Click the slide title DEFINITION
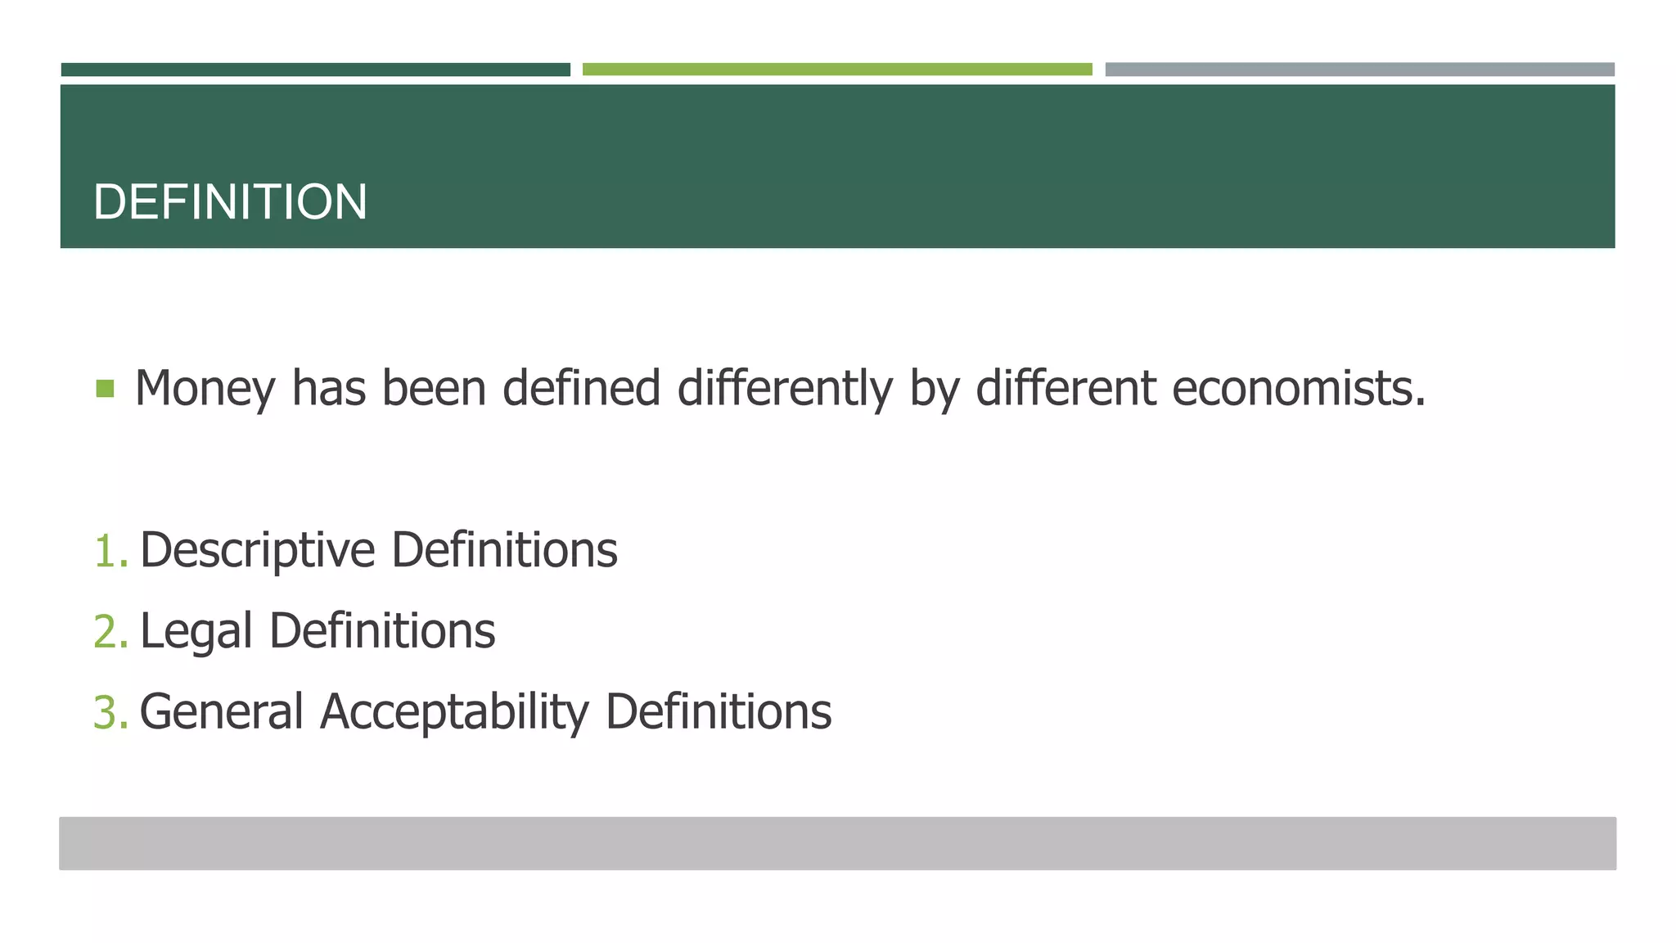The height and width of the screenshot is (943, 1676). (x=230, y=202)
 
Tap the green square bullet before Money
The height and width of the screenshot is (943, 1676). (x=105, y=388)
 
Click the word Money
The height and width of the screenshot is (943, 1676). (x=205, y=388)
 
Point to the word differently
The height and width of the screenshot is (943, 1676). (x=785, y=388)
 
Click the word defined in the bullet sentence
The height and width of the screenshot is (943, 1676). (x=581, y=388)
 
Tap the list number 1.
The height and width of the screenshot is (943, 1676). (x=110, y=550)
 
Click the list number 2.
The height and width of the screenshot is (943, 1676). (x=110, y=631)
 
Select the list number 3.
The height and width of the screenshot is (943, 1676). (x=110, y=712)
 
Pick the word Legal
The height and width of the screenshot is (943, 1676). (x=196, y=631)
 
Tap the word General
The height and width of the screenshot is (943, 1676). (x=222, y=712)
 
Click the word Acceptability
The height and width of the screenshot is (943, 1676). (x=454, y=712)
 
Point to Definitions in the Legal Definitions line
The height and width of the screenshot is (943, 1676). (x=382, y=631)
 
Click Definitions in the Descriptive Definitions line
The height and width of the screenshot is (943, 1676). (x=504, y=550)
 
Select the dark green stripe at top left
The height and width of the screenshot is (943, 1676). (x=315, y=70)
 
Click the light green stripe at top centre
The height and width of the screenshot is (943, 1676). (x=837, y=70)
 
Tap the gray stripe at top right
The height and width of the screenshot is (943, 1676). (x=1359, y=70)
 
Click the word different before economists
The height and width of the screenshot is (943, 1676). (x=1066, y=388)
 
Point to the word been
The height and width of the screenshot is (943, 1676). (x=434, y=388)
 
